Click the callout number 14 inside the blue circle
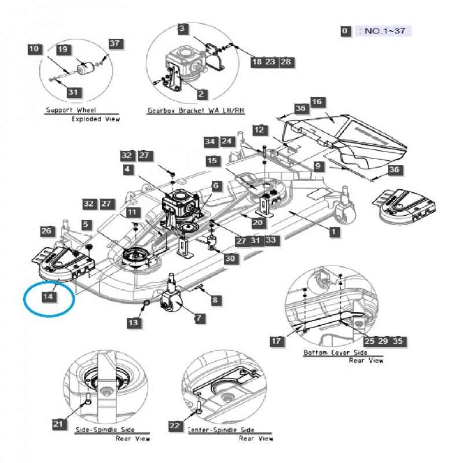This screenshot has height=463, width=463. pyautogui.click(x=49, y=296)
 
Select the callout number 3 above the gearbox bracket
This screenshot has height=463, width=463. pyautogui.click(x=182, y=29)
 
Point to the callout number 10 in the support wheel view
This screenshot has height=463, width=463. pyautogui.click(x=34, y=50)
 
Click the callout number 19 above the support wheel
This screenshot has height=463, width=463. pyautogui.click(x=64, y=50)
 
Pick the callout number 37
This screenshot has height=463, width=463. pyautogui.click(x=115, y=43)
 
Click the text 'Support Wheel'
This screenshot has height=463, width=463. pyautogui.click(x=71, y=110)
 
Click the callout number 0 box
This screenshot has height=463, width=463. pyautogui.click(x=346, y=31)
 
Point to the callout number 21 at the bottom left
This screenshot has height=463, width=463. pyautogui.click(x=58, y=425)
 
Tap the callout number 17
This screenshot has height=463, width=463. pyautogui.click(x=277, y=341)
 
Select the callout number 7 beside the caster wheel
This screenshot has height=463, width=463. pyautogui.click(x=199, y=318)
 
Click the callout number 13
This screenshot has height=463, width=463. pyautogui.click(x=134, y=322)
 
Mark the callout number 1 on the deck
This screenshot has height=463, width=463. pyautogui.click(x=333, y=232)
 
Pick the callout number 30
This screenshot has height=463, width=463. pyautogui.click(x=230, y=259)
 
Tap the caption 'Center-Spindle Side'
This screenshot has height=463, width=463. pyautogui.click(x=222, y=430)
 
